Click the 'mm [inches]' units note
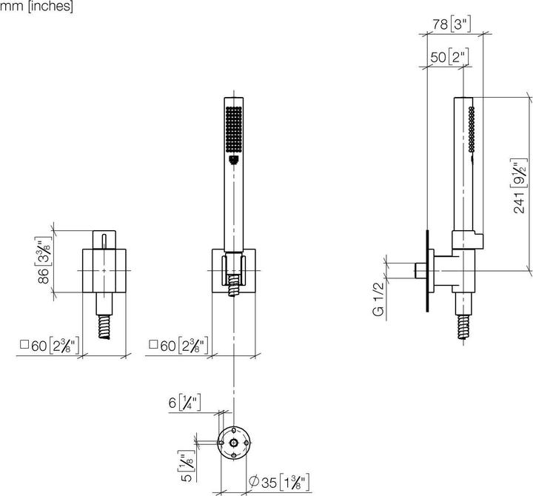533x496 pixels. click(36, 6)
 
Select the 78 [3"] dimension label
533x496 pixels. click(452, 24)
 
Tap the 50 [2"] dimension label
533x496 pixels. click(449, 57)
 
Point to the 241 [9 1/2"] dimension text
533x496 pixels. click(520, 186)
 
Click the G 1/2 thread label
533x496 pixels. click(378, 300)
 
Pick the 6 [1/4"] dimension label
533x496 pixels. click(184, 403)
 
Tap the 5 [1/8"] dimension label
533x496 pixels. click(187, 466)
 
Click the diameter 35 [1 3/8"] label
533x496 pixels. click(279, 482)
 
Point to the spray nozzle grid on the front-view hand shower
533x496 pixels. click(233, 130)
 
